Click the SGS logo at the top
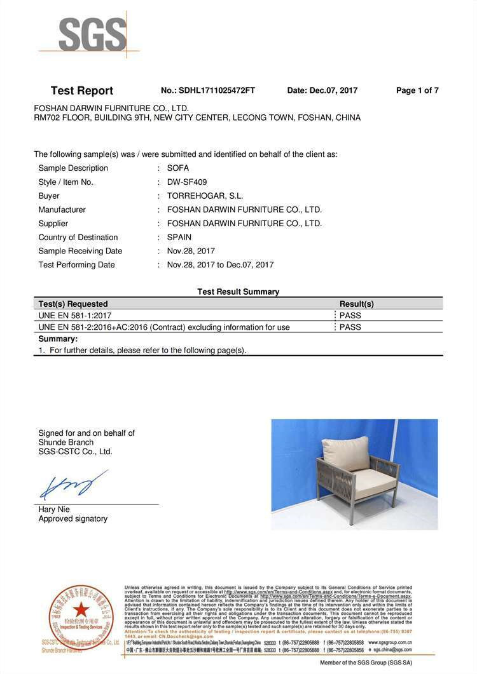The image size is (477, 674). pyautogui.click(x=92, y=34)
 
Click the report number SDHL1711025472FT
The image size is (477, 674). pyautogui.click(x=217, y=91)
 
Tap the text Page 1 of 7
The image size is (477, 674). pyautogui.click(x=417, y=91)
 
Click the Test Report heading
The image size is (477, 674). pyautogui.click(x=82, y=91)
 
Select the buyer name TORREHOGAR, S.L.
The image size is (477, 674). pyautogui.click(x=205, y=196)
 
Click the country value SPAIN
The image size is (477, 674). pyautogui.click(x=179, y=238)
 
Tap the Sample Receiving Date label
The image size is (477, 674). pyautogui.click(x=80, y=251)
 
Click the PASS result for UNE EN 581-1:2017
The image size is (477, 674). pyautogui.click(x=350, y=316)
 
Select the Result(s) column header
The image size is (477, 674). pyautogui.click(x=356, y=304)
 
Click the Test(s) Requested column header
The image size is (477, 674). pyautogui.click(x=73, y=304)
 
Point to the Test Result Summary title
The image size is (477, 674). pyautogui.click(x=238, y=292)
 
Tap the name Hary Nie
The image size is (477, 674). pyautogui.click(x=54, y=509)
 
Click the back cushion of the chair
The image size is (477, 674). pyautogui.click(x=346, y=452)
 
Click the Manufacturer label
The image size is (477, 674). pyautogui.click(x=62, y=210)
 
